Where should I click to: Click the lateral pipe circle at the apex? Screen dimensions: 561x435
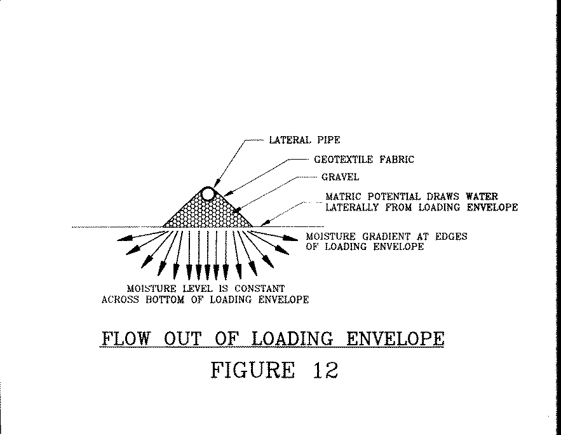click(208, 195)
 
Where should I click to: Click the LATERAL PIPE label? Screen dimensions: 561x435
click(304, 140)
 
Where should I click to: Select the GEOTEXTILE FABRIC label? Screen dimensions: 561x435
click(364, 160)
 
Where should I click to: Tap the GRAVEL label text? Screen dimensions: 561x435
click(340, 177)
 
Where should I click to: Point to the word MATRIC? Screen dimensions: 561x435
click(343, 197)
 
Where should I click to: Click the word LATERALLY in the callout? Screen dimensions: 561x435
click(352, 207)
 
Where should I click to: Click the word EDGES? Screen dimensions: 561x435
click(451, 237)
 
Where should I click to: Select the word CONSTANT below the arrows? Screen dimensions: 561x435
click(260, 289)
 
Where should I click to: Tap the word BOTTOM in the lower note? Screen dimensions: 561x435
click(165, 300)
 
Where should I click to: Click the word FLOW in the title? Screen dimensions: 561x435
click(126, 339)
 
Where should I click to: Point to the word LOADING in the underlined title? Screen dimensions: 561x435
click(292, 339)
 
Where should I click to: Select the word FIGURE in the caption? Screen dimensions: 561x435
click(253, 370)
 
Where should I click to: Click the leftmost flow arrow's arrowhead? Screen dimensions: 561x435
click(123, 238)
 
